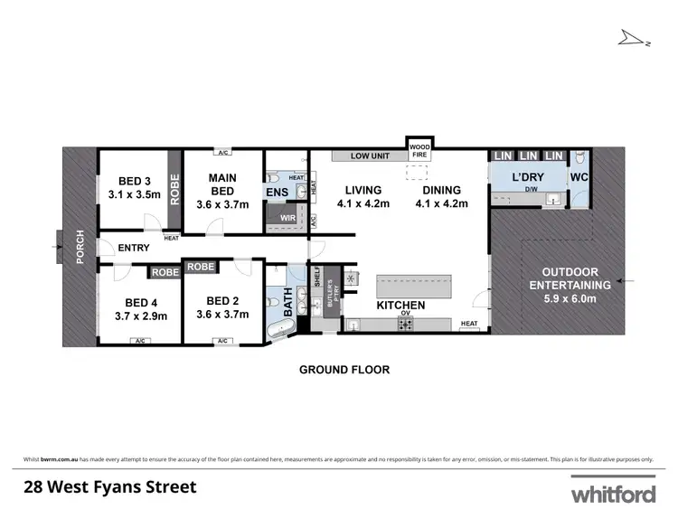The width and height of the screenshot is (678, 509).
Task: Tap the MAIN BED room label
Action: (221, 184)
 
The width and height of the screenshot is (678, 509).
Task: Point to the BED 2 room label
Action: (223, 301)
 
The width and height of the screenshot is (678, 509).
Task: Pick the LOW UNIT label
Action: (370, 156)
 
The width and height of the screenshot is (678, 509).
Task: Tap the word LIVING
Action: (363, 191)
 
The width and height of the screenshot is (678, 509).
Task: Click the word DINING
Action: (441, 191)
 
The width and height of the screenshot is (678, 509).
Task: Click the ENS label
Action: (276, 192)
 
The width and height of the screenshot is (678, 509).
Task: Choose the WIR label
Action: (287, 218)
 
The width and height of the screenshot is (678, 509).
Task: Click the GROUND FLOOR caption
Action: (344, 370)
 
